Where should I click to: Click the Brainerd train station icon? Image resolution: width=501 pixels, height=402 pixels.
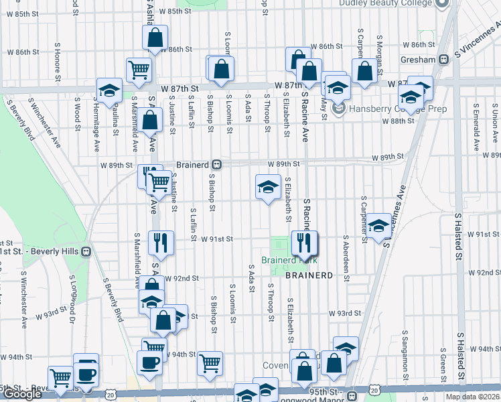217,164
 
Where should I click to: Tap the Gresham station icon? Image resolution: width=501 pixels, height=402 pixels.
443,59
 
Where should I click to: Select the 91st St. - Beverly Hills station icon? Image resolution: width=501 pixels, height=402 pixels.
86,251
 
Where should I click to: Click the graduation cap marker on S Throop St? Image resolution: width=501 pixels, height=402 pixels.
267,187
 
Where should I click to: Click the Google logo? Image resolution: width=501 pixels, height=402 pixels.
22,395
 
